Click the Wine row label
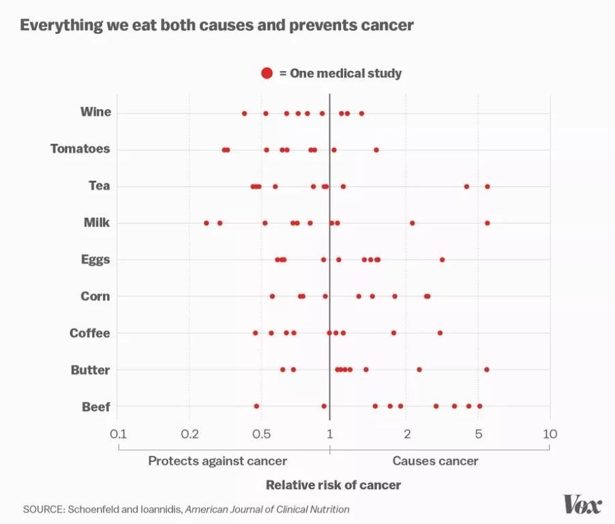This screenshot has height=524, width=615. tap(95, 112)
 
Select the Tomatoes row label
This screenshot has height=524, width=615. tap(80, 149)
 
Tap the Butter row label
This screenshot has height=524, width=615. tap(90, 370)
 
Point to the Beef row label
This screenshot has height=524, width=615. tap(95, 407)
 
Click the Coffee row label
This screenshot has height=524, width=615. tap(89, 333)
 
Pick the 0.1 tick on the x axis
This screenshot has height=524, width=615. tap(118, 434)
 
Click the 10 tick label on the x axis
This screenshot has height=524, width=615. tap(550, 434)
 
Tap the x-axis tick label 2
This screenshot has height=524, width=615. tap(406, 434)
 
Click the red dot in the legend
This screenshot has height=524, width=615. tap(267, 73)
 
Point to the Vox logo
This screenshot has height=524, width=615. tap(582, 505)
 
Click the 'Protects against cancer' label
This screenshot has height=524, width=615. tap(217, 461)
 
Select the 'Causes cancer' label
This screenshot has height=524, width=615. tap(435, 461)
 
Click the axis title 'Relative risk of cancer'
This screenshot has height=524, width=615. tap(333, 485)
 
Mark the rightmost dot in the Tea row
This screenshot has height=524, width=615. tap(487, 186)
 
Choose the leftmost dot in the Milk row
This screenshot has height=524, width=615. tap(207, 222)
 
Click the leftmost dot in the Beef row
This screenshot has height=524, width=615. tap(256, 406)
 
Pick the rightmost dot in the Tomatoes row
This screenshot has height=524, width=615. tap(376, 149)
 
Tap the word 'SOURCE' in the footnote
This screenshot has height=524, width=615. tap(44, 509)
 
